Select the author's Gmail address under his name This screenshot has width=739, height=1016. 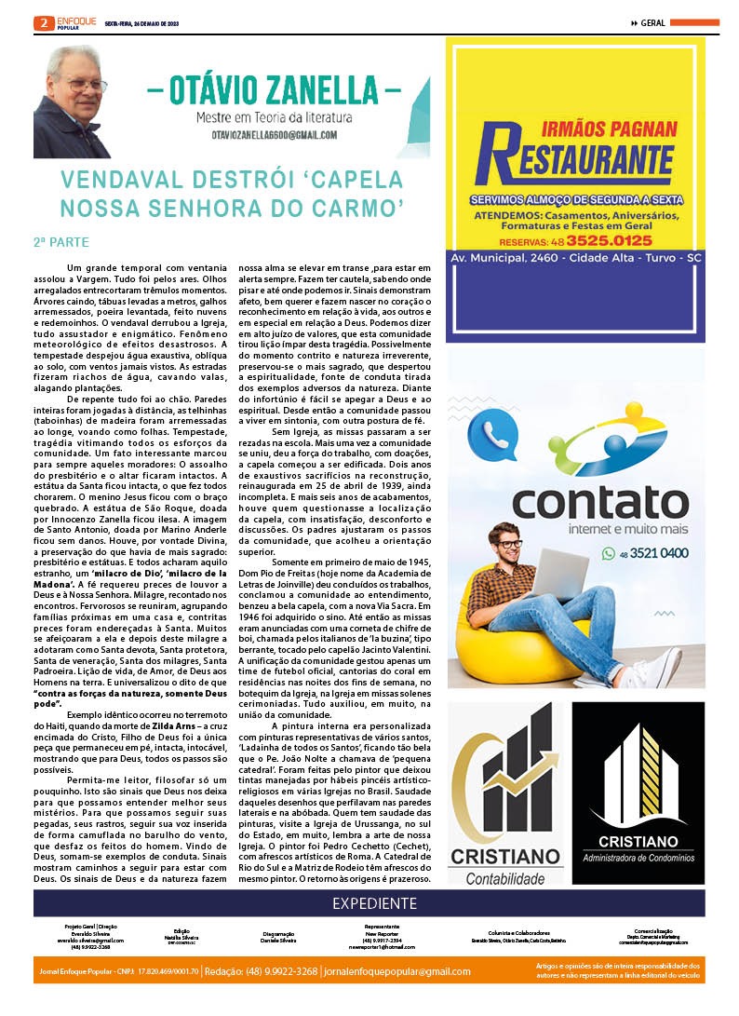click(x=274, y=135)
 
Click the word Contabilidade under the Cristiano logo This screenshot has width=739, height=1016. click(x=504, y=878)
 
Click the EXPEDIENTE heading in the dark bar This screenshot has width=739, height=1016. click(x=374, y=903)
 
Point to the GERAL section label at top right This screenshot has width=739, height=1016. click(x=652, y=22)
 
